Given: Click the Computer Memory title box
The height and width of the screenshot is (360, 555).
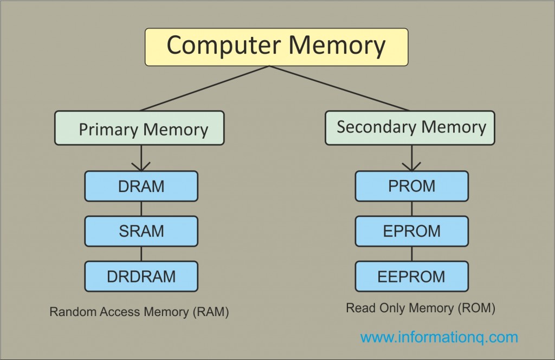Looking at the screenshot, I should pos(276,47).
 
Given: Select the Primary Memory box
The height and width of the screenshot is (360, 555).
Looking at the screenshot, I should pos(139,128).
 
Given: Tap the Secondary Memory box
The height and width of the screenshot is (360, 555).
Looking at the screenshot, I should pos(410,127).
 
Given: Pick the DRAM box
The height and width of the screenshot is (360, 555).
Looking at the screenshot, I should pos(141,186).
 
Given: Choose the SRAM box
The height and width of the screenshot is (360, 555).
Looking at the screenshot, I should pos(141,232).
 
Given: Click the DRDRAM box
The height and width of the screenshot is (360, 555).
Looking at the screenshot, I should pos(141,276).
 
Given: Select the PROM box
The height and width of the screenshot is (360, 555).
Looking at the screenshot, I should pos(412,186).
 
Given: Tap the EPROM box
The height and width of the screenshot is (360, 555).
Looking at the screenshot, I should pos(412,232).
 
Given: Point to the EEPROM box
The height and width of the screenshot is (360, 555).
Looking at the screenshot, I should pos(412,276).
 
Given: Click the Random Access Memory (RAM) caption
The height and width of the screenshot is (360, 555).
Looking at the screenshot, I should pos(139,312).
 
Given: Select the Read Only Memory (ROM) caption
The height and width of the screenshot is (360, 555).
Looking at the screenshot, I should pos(421,308).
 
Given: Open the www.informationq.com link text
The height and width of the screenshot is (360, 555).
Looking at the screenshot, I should pos(439,337).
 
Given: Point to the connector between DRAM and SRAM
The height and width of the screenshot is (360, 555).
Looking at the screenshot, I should pos(141,209).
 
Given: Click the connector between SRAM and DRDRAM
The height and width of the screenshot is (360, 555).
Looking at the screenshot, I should pos(141,254).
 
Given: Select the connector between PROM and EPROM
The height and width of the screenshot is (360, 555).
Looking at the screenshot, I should pos(412,209).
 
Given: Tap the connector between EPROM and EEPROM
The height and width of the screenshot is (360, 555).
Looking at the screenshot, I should pos(412,254).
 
